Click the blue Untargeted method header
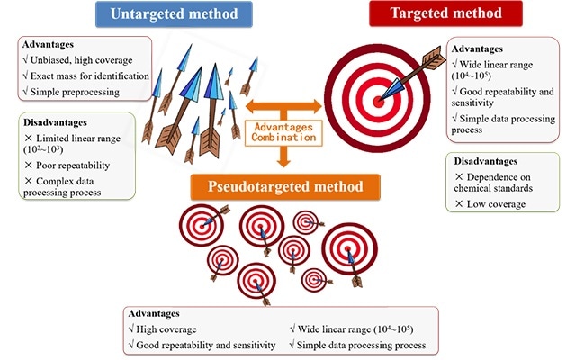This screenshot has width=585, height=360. coord(175,14)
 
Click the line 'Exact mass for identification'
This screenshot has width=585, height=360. coord(87,76)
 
